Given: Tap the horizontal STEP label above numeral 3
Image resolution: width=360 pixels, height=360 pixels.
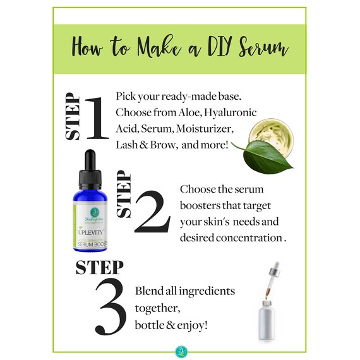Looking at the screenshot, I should click(x=100, y=267).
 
